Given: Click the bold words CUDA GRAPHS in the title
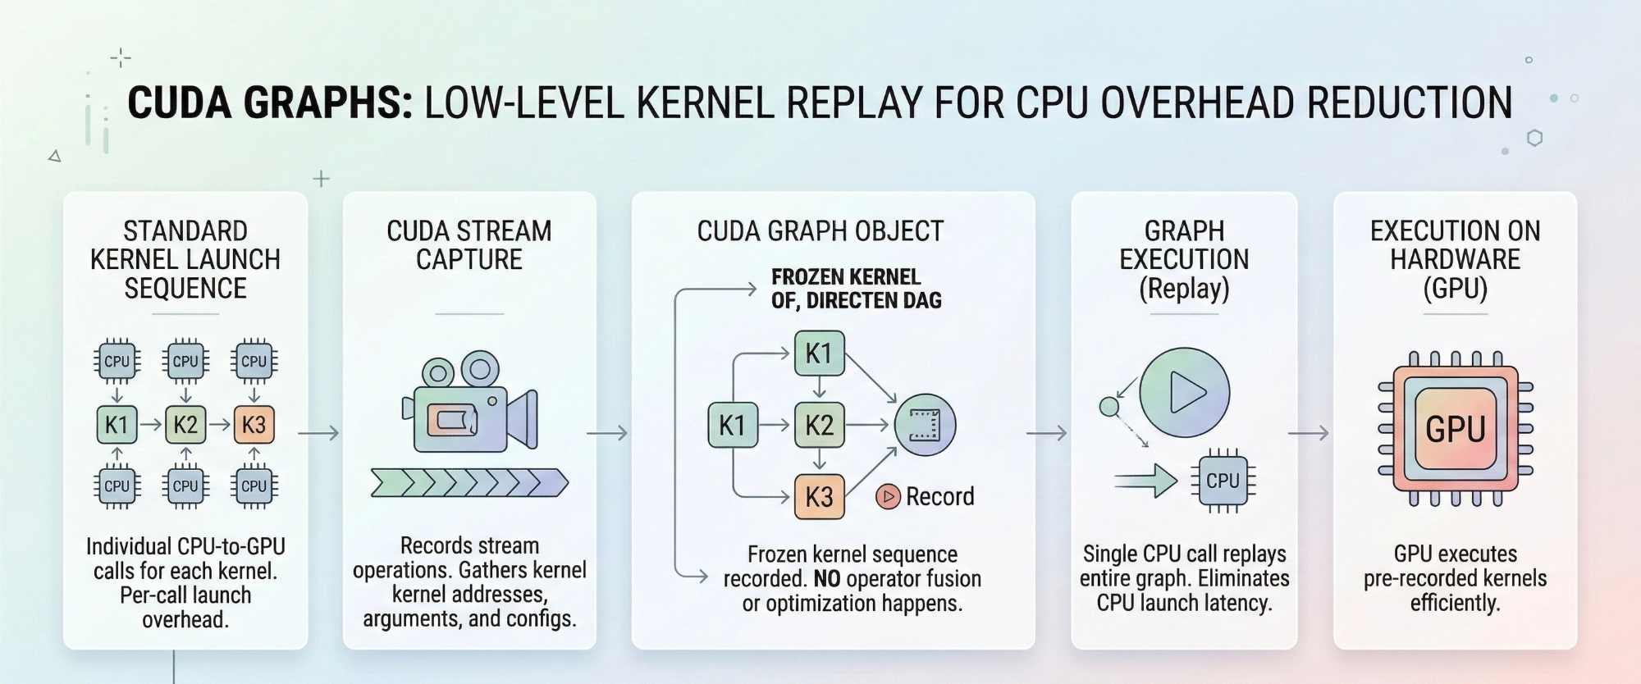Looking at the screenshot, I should coord(269,103).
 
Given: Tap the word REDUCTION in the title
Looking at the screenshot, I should coord(1409,103).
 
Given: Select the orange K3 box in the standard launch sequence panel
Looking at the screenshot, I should coord(254,425).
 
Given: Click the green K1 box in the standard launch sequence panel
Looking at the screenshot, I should coord(117,425).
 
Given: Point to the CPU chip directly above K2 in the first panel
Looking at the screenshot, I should coord(185,362).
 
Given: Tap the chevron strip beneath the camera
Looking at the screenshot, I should coord(469,483).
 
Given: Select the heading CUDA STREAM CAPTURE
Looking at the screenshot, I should coord(469,245).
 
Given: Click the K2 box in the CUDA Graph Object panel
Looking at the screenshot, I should coord(819,425).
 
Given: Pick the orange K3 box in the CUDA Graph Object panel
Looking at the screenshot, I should coord(819,496).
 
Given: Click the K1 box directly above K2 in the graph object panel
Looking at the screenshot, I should coord(819,353).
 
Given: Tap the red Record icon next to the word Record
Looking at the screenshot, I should coord(888,496).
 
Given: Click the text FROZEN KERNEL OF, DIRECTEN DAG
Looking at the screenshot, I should coord(856,289).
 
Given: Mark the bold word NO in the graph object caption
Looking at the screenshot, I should coord(827,579).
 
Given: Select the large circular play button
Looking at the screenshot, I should coord(1184,392).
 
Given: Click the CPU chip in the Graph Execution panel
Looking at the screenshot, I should coord(1223,481).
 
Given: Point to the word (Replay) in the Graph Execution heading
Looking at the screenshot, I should coord(1184,289).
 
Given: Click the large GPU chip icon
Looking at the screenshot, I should coord(1455,429).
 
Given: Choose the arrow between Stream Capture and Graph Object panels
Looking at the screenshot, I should coord(607,433).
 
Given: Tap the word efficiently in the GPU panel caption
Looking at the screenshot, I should coord(1455,604).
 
